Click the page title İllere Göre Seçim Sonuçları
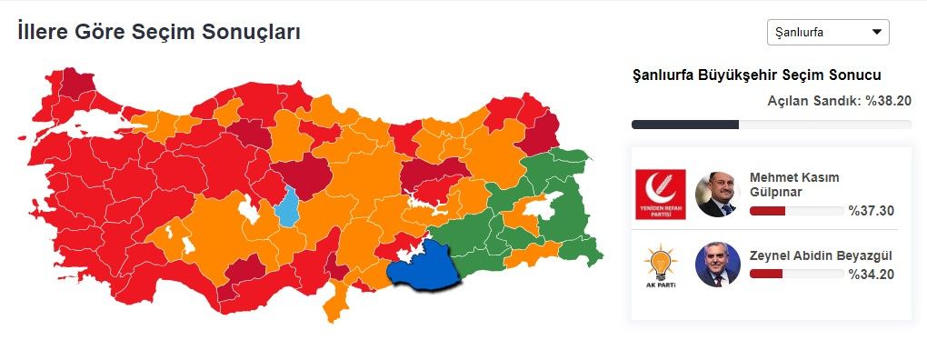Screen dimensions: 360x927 [159, 32]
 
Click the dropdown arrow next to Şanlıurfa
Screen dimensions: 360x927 [877, 33]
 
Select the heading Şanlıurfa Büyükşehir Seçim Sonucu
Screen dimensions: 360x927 [756, 75]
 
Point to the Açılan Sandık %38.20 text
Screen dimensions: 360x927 [839, 101]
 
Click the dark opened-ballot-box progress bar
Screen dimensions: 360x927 [684, 125]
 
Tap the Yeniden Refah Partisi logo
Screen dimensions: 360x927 [661, 195]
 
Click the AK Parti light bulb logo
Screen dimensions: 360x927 [661, 265]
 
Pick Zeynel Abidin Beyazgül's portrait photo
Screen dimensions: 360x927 [717, 265]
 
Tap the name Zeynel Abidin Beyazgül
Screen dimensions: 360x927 [815, 255]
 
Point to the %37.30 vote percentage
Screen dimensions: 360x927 [872, 211]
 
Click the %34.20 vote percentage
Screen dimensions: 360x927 [872, 274]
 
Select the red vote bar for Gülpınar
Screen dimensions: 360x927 [767, 211]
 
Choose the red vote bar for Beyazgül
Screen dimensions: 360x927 [765, 274]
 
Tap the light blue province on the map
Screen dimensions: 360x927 [289, 206]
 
